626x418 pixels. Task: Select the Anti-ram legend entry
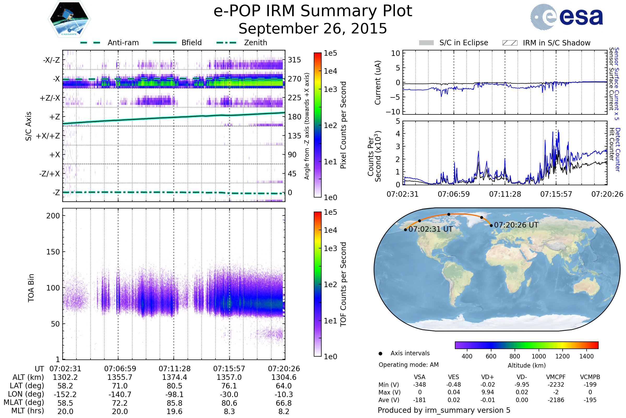[123, 43]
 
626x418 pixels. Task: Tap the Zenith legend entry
[256, 43]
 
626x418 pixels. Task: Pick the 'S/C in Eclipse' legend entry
[464, 43]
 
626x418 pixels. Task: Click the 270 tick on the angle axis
[294, 79]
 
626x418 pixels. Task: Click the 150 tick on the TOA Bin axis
[53, 252]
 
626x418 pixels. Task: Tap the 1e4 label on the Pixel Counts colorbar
[330, 71]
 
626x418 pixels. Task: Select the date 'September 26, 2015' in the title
[313, 28]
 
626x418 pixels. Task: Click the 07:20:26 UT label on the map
[516, 225]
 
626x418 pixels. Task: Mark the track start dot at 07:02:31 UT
[405, 230]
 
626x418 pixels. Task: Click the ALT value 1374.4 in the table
[174, 377]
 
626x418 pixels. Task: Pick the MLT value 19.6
[174, 411]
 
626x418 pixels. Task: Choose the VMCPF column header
[556, 377]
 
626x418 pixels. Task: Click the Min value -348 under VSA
[419, 385]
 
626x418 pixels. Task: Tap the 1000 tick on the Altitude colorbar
[539, 356]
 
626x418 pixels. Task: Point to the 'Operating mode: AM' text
[408, 365]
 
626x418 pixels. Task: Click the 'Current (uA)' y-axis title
[378, 83]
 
